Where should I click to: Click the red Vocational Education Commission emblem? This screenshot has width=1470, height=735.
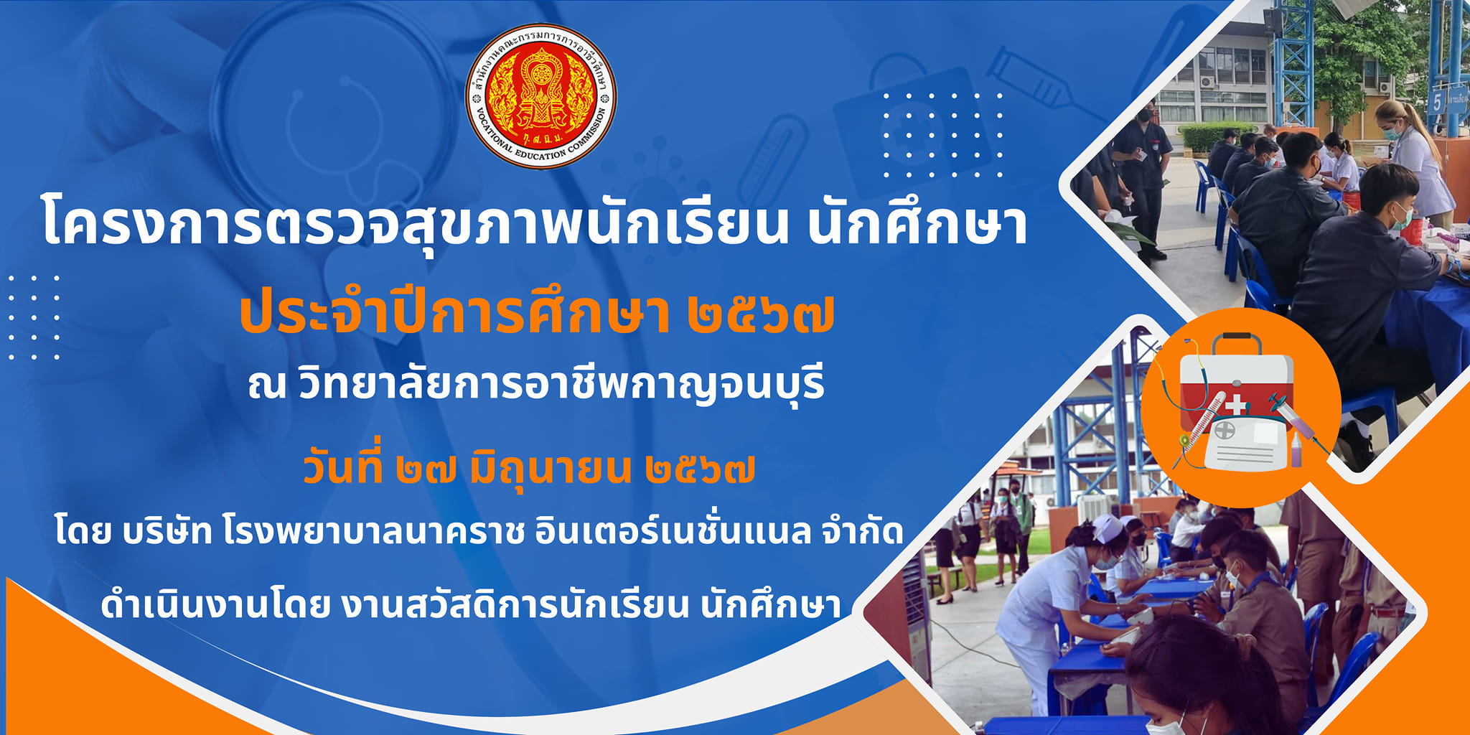[x=541, y=96]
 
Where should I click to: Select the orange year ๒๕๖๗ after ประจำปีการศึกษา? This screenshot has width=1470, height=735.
[x=761, y=315]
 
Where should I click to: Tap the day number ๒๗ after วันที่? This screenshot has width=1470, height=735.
[x=426, y=472]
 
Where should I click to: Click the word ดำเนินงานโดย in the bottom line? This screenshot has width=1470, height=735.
[x=215, y=604]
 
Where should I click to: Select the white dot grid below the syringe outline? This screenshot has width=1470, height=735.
[x=943, y=135]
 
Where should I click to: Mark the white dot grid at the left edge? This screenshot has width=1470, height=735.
[x=34, y=317]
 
